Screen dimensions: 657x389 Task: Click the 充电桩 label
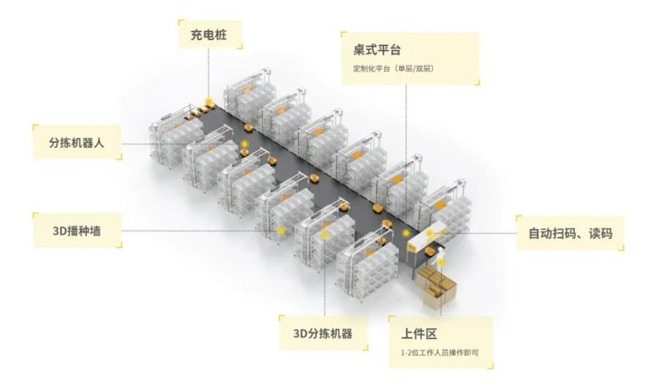[x=209, y=34]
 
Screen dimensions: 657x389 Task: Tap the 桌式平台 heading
[x=377, y=50]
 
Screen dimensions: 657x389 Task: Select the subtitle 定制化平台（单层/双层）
[x=393, y=68]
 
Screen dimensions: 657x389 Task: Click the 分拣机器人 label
[x=76, y=143]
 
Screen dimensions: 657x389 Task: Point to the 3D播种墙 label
[x=76, y=231]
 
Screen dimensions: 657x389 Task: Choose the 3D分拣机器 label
[x=323, y=334]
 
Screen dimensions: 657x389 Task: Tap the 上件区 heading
[x=419, y=334]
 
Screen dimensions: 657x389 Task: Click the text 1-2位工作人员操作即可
[x=439, y=353]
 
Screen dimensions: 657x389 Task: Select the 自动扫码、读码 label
[x=570, y=233]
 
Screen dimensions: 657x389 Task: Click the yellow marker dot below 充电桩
[x=209, y=101]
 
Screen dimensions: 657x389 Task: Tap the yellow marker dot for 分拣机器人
[x=244, y=144]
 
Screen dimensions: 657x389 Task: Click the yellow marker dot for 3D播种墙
[x=281, y=231]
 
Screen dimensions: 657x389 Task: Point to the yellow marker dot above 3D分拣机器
[x=324, y=235]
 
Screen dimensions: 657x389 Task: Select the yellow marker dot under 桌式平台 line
[x=406, y=233]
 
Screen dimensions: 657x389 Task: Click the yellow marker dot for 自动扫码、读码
[x=430, y=233]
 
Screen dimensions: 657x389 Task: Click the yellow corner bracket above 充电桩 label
[x=181, y=22]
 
